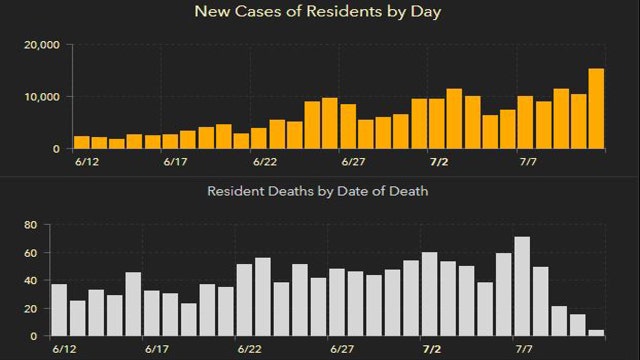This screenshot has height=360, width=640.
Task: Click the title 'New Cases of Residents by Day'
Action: tap(319, 13)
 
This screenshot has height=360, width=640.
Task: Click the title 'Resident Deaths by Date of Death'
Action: tap(318, 190)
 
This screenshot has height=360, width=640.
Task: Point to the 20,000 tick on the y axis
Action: tap(40, 45)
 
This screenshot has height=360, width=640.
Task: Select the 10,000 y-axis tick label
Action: tap(40, 97)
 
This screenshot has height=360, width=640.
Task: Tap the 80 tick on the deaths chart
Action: tap(29, 225)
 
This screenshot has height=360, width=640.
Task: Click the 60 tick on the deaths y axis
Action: tap(29, 253)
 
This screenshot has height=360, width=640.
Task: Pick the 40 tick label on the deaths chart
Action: tap(29, 281)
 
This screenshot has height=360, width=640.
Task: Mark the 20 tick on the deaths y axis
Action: tap(29, 309)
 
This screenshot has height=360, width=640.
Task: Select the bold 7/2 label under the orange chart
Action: tap(437, 160)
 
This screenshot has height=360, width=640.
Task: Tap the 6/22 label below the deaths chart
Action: tap(265, 350)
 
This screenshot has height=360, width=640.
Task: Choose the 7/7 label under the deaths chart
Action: tap(523, 350)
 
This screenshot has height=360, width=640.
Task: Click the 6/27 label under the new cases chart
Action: tap(353, 160)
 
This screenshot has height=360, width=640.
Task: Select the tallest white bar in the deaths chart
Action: tap(522, 286)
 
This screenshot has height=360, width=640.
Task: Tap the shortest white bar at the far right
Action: tap(596, 333)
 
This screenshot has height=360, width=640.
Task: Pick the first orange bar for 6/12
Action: tap(81, 142)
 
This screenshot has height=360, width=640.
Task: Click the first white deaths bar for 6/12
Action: tap(59, 310)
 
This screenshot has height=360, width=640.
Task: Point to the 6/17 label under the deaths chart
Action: tap(155, 350)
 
